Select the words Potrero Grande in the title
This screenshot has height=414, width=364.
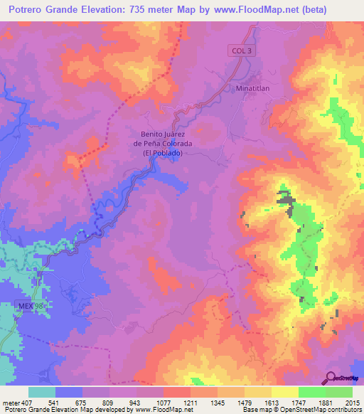[52, 10]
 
